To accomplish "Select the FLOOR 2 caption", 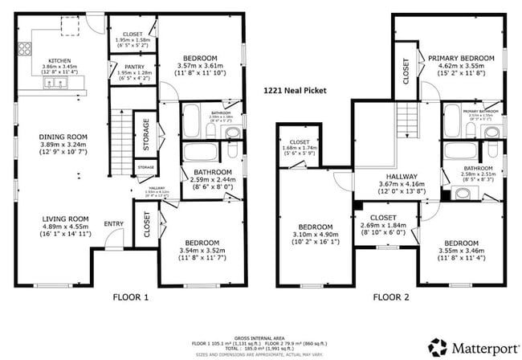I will point(392,297).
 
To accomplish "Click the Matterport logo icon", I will point(438,346).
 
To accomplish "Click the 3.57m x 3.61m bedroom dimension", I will point(198,67).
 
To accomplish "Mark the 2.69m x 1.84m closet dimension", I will point(385,226).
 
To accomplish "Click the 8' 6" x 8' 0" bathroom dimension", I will point(211,186).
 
